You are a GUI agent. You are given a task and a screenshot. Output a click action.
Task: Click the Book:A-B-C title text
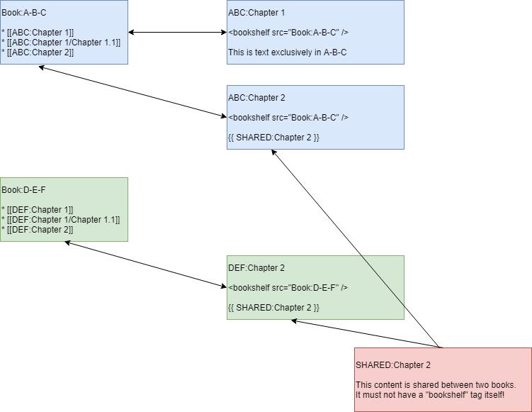[24, 13]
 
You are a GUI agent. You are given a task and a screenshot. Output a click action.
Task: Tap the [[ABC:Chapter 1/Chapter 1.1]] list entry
[61, 43]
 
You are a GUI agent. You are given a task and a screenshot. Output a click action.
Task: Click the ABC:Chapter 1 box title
[256, 13]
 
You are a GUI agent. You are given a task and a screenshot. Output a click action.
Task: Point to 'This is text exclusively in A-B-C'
[287, 52]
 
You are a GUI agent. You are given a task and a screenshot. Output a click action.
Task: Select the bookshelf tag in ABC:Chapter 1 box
[288, 33]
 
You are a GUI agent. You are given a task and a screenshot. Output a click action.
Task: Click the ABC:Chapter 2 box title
[256, 98]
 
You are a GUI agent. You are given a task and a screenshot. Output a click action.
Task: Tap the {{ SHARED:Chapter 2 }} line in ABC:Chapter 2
[273, 138]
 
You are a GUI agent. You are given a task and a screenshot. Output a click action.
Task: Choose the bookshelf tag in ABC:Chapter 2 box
[288, 118]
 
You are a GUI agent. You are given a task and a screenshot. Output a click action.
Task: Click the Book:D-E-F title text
[24, 190]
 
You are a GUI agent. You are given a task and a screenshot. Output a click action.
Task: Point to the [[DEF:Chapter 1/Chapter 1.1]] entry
[61, 220]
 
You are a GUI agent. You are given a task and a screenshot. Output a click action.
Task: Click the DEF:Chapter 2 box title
[256, 268]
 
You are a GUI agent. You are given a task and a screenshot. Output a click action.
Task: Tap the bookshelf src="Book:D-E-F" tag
[288, 288]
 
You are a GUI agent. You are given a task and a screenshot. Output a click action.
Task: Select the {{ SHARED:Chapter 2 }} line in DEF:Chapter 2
[273, 308]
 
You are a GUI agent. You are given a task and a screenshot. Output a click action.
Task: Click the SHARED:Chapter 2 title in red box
[392, 365]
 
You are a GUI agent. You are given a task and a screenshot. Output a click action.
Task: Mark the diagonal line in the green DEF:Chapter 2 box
[383, 282]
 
